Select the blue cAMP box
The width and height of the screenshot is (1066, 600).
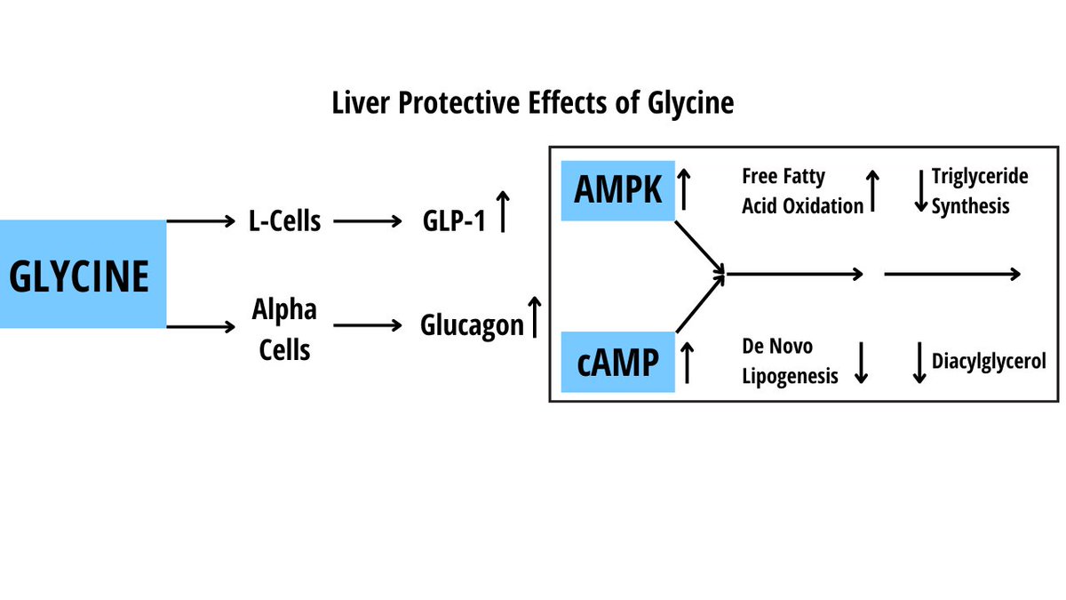(x=618, y=362)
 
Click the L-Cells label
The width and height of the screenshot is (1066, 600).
(x=283, y=220)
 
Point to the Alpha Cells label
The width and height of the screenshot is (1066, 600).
(x=284, y=329)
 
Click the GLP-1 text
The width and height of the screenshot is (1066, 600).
(x=454, y=221)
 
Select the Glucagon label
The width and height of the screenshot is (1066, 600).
(x=472, y=325)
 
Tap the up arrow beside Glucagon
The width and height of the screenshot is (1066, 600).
(x=534, y=317)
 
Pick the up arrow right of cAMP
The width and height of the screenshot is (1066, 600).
(x=686, y=361)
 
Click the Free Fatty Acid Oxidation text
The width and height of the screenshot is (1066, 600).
(x=801, y=191)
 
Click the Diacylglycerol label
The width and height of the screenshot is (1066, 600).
(x=989, y=362)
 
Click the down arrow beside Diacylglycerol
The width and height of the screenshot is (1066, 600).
(x=919, y=363)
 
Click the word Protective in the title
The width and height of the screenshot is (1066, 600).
(x=454, y=103)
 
